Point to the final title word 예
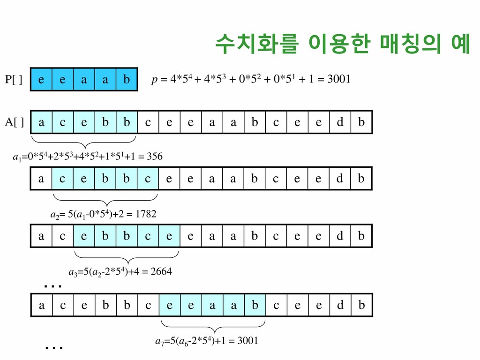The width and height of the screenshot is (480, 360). (458, 44)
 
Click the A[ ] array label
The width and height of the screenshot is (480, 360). (15, 123)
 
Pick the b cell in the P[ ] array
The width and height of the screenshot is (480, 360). (126, 80)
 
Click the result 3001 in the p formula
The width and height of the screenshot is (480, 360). (338, 79)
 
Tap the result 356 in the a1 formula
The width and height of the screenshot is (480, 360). (154, 157)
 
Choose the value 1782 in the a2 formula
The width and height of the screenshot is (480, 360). (146, 214)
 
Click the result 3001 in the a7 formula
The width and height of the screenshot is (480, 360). (247, 341)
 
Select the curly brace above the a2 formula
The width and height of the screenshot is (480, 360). (105, 200)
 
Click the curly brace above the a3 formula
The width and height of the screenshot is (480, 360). (127, 257)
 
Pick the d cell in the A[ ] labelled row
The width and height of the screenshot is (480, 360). (340, 123)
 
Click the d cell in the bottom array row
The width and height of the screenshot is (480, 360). (340, 305)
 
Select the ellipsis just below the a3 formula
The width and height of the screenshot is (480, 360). (53, 285)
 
